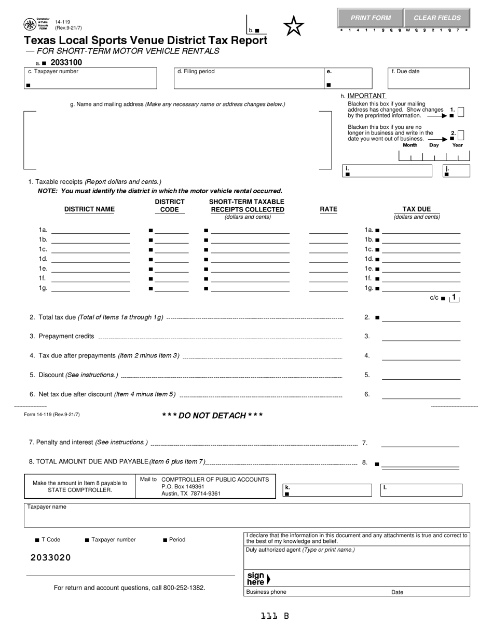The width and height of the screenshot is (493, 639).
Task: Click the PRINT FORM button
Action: pyautogui.click(x=371, y=18)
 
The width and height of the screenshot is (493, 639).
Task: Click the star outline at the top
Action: pyautogui.click(x=294, y=25)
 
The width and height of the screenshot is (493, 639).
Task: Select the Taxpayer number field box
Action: pyautogui.click(x=90, y=78)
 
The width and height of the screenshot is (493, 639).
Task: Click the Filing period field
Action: pyautogui.click(x=247, y=78)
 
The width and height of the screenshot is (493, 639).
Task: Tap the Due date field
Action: pyautogui.click(x=429, y=78)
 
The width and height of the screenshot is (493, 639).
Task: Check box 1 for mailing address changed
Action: pyautogui.click(x=461, y=112)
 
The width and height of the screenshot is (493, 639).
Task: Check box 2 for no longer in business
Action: pyautogui.click(x=461, y=135)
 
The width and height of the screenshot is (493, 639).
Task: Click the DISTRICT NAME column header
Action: pyautogui.click(x=89, y=209)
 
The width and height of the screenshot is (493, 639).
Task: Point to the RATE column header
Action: pyautogui.click(x=328, y=209)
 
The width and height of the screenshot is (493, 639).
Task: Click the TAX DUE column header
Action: pyautogui.click(x=417, y=209)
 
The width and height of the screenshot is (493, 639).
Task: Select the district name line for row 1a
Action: pyautogui.click(x=90, y=230)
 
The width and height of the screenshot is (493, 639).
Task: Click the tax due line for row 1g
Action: pyautogui.click(x=421, y=288)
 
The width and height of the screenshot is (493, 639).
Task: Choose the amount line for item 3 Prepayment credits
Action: pyautogui.click(x=421, y=337)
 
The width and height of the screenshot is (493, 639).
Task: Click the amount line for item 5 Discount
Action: pyautogui.click(x=421, y=375)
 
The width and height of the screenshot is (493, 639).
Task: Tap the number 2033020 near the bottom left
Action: pyautogui.click(x=50, y=557)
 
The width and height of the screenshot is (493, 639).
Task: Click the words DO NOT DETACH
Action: pyautogui.click(x=212, y=416)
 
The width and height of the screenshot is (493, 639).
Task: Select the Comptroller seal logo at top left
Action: pyautogui.click(x=30, y=24)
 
